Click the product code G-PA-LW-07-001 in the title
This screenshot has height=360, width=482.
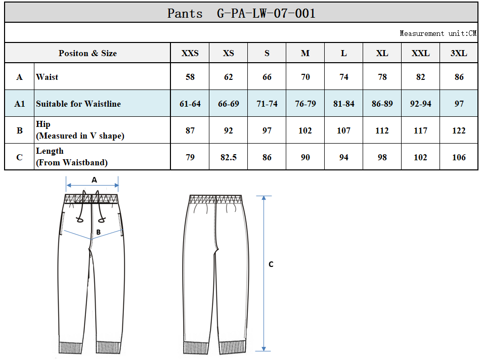266,14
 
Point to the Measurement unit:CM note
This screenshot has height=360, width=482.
438,33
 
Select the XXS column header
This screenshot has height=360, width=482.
190,53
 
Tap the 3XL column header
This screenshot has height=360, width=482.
459,53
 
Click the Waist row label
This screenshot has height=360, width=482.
47,77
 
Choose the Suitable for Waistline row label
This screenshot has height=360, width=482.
78,104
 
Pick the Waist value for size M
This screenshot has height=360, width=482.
305,77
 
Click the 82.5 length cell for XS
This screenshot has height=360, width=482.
229,157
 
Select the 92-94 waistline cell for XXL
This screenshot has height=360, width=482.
420,104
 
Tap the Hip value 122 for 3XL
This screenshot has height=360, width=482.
459,130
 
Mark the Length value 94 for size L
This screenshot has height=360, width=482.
343,157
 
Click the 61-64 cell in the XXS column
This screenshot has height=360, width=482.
190,104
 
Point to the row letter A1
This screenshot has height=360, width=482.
19,104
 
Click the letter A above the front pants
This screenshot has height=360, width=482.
94,180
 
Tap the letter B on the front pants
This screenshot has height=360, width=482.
98,232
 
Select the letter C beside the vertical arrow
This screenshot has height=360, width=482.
271,264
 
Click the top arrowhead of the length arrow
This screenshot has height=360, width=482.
264,198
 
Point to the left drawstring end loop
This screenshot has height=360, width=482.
79,220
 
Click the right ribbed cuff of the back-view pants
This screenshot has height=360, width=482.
232,347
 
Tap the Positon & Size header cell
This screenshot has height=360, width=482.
87,53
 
